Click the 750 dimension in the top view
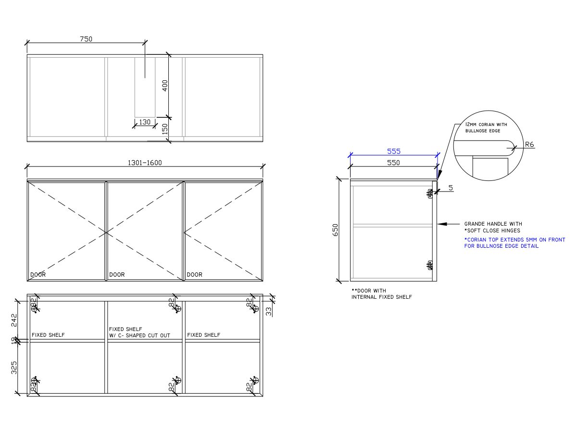pyautogui.click(x=86, y=39)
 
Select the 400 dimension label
pyautogui.click(x=165, y=86)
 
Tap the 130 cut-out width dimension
pyautogui.click(x=145, y=122)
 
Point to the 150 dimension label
pyautogui.click(x=165, y=129)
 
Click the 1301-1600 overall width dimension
pyautogui.click(x=144, y=163)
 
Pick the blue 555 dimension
pyautogui.click(x=394, y=151)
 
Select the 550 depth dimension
pyautogui.click(x=393, y=163)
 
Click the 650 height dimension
pyautogui.click(x=335, y=229)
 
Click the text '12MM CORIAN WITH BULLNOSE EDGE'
pyautogui.click(x=486, y=127)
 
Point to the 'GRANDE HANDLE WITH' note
pyautogui.click(x=493, y=224)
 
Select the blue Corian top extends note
pyautogui.click(x=514, y=242)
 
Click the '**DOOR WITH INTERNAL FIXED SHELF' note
pyautogui.click(x=381, y=294)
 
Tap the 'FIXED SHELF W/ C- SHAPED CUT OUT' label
pyautogui.click(x=139, y=332)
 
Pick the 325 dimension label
pyautogui.click(x=14, y=367)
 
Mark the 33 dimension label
pyautogui.click(x=268, y=312)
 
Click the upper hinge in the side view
pyautogui.click(x=430, y=193)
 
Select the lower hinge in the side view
pyautogui.click(x=430, y=265)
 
